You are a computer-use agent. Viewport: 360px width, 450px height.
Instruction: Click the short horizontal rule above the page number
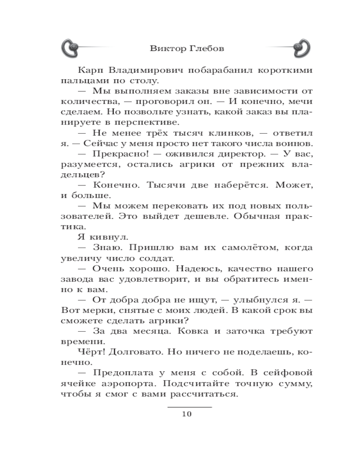coord(189,406)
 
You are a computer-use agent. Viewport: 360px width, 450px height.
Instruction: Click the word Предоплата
coord(124,373)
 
